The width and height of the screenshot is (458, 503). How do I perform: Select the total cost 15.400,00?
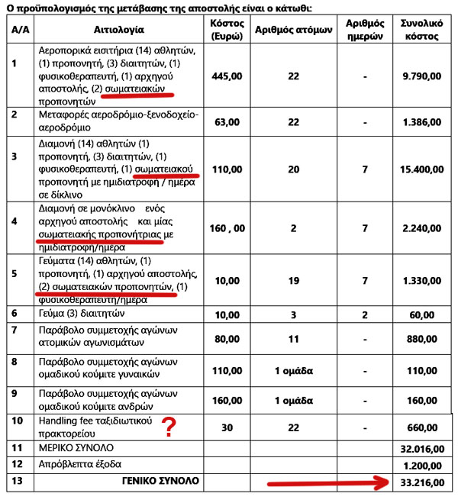[421, 168]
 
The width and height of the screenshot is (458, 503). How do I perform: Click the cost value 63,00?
[227, 121]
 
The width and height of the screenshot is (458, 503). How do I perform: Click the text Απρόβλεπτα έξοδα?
[80, 464]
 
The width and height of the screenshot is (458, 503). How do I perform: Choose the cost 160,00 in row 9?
[227, 400]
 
